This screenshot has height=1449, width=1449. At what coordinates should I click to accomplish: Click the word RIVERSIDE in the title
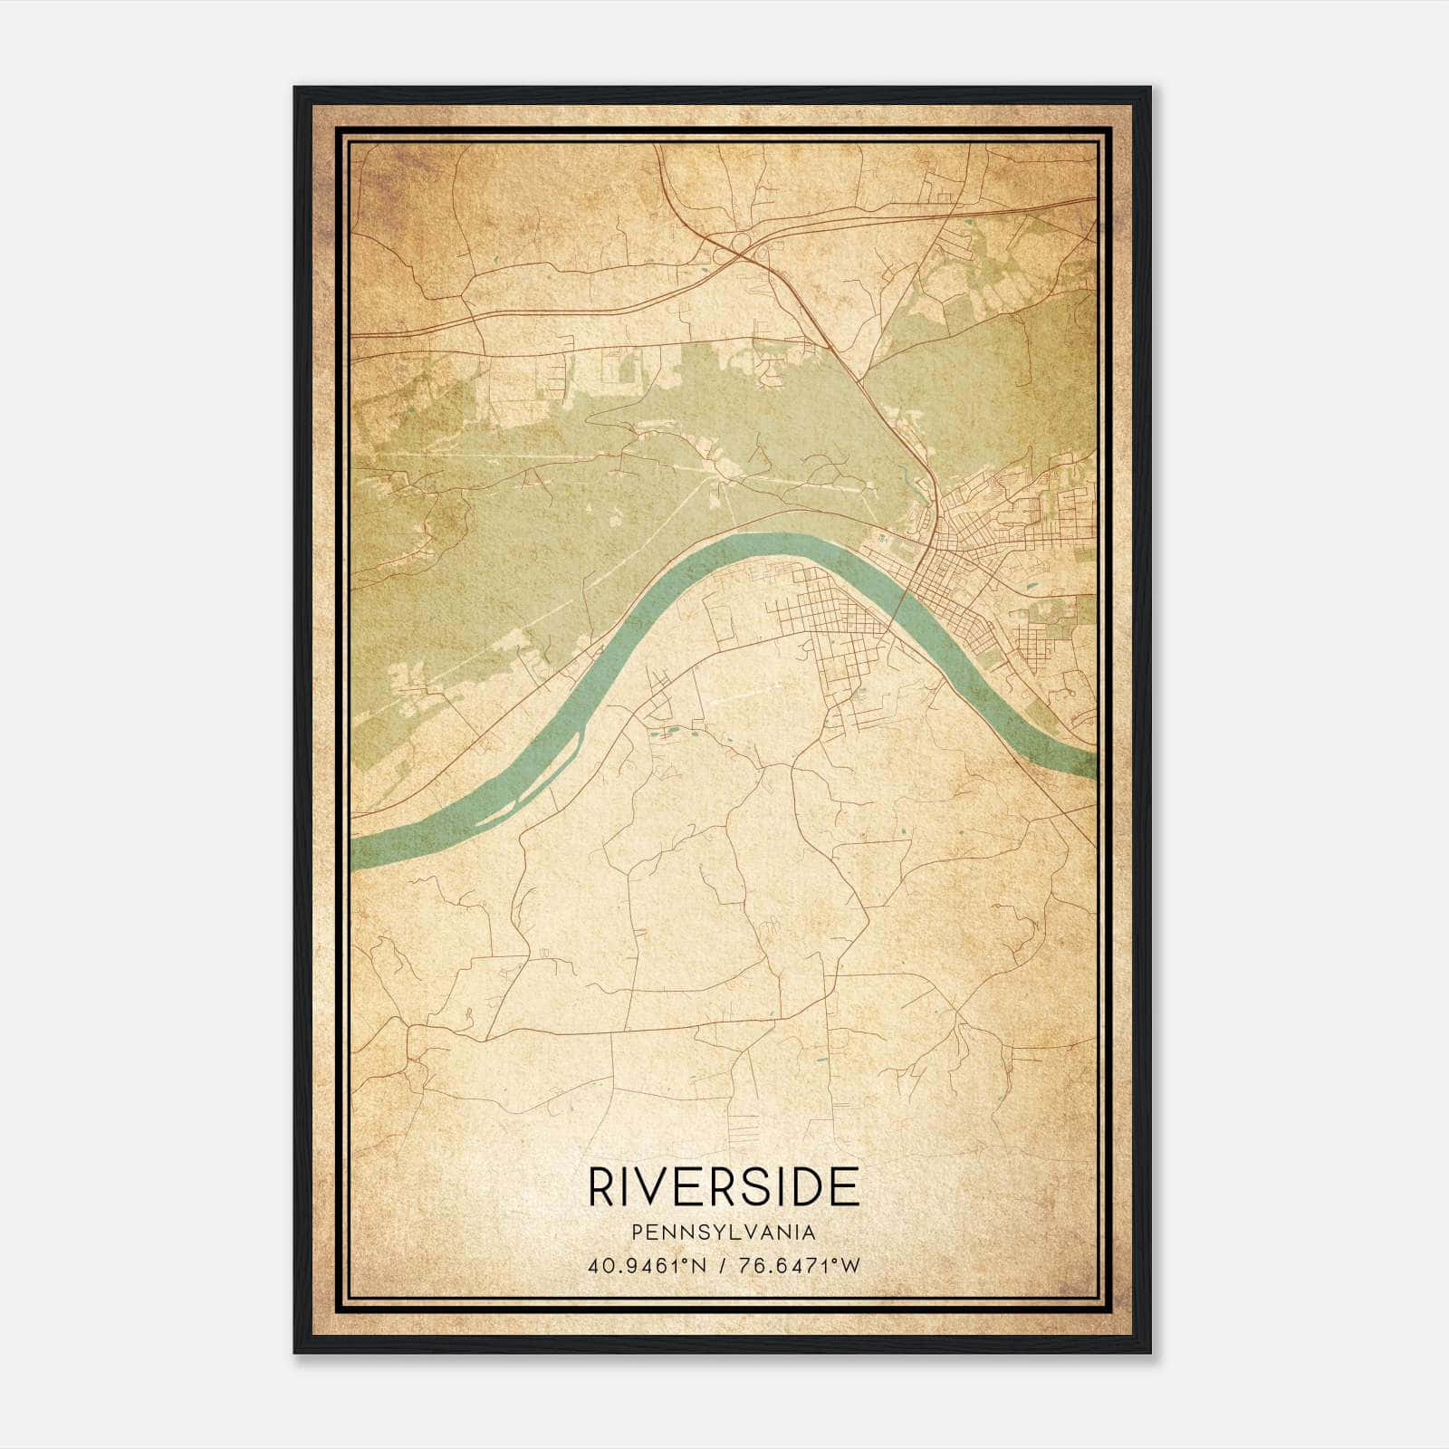click(724, 1186)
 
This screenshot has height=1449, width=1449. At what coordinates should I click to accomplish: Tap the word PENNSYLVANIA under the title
click(724, 1233)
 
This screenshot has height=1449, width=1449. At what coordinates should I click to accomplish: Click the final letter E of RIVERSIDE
click(845, 1186)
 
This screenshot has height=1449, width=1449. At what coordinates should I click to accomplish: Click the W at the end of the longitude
click(850, 1266)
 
